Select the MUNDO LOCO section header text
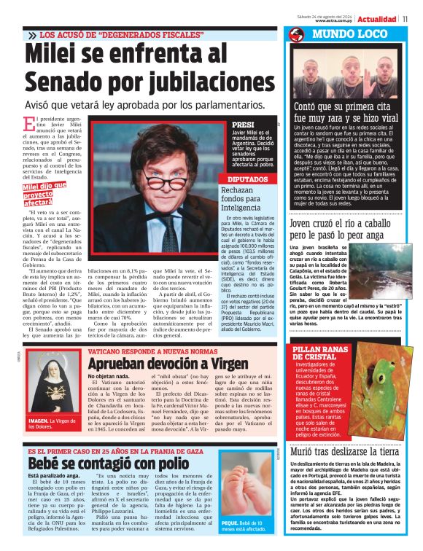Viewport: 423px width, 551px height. click(346, 35)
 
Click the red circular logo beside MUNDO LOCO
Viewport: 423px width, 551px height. click(295, 35)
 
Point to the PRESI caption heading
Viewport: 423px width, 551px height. click(242, 125)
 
